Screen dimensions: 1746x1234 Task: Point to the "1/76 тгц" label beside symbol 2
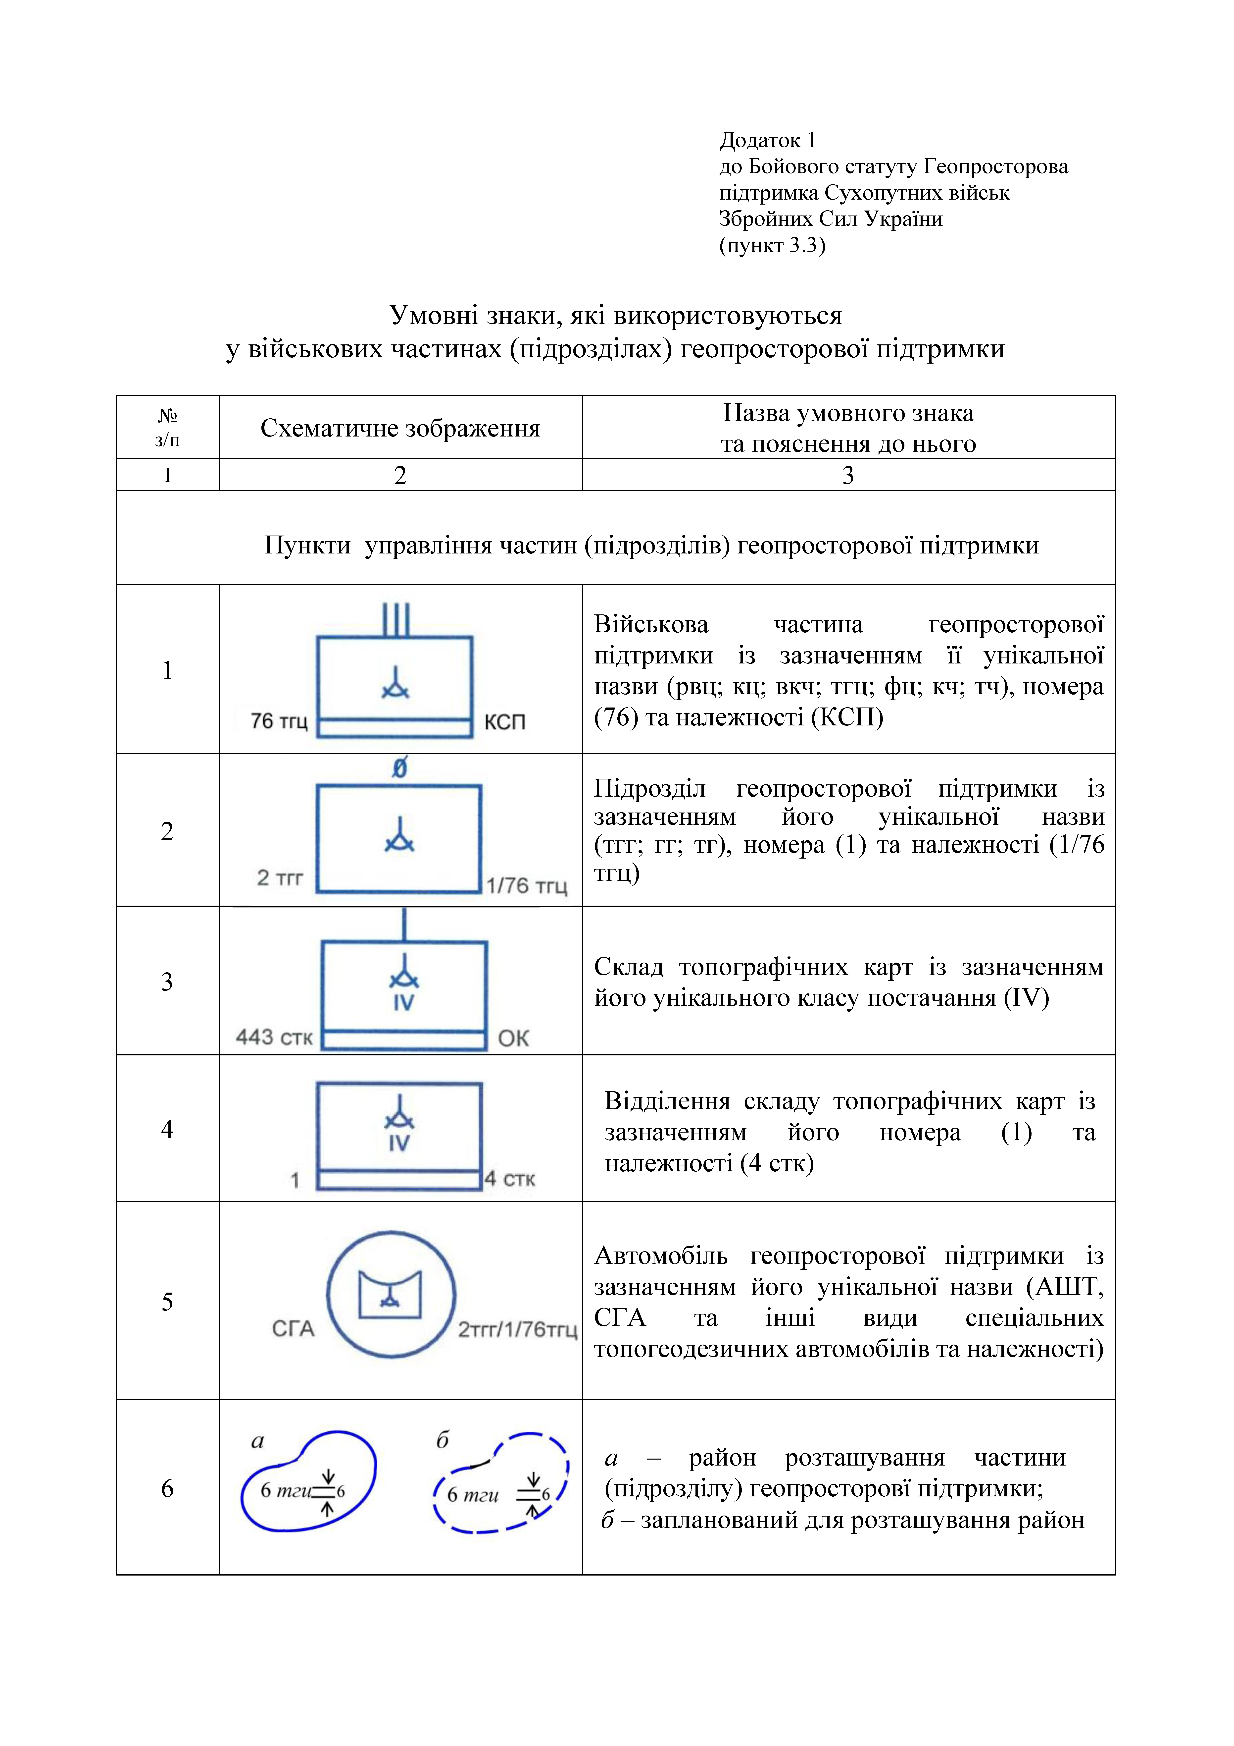(527, 886)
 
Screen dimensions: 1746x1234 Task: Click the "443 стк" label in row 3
(274, 1037)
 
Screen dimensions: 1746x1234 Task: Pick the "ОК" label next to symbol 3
(513, 1038)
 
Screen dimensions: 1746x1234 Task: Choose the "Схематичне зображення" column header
(400, 428)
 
